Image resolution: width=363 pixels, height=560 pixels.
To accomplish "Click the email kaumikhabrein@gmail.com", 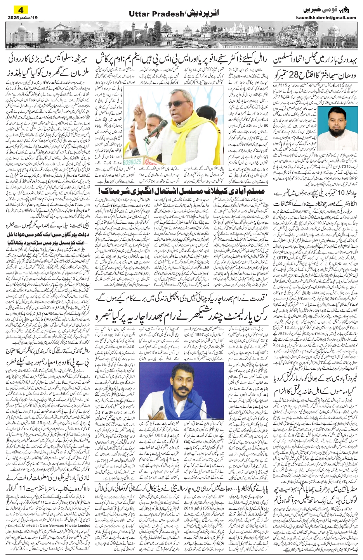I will pyautogui.click(x=330, y=17).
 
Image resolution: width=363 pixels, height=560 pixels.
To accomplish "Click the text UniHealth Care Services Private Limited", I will pyautogui.click(x=62, y=526).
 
